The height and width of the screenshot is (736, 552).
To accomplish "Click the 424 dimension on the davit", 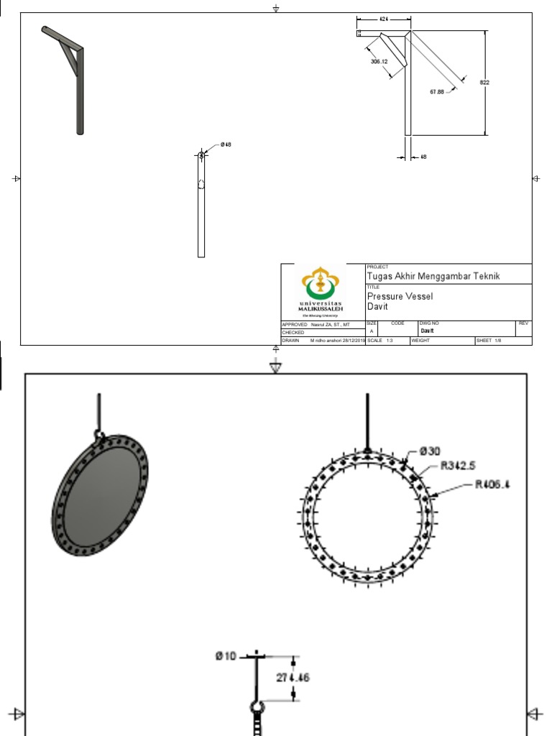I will click(x=385, y=19).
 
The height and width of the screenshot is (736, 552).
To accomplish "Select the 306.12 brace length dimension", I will click(x=379, y=62).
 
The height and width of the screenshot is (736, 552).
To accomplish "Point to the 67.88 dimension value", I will click(x=437, y=91).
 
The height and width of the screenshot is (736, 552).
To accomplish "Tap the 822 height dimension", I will click(x=484, y=83).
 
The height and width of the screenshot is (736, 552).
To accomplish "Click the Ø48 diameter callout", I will click(x=226, y=145).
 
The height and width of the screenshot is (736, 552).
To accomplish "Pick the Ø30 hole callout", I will click(x=430, y=451).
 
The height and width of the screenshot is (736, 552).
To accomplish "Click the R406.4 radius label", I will click(x=492, y=484).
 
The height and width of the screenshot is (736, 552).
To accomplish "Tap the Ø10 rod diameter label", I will click(x=226, y=655).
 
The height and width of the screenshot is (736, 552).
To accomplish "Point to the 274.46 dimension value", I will click(x=293, y=677).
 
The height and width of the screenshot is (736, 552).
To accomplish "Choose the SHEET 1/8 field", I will click(x=489, y=341).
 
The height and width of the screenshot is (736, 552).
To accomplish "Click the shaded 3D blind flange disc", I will click(x=101, y=496).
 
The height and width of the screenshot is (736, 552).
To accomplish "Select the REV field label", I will click(x=523, y=324).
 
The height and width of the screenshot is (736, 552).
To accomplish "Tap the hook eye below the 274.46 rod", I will click(x=257, y=707).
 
